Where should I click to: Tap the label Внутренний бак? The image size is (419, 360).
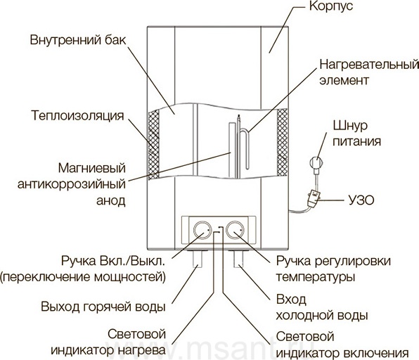pyautogui.click(x=78, y=40)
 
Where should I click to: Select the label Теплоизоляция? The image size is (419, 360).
pyautogui.click(x=78, y=116)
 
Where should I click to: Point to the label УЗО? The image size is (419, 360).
pyautogui.click(x=361, y=200)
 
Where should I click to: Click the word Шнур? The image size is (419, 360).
pyautogui.click(x=350, y=126)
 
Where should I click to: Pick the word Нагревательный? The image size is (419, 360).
pyautogui.click(x=369, y=65)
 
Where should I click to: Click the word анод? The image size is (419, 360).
pyautogui.click(x=110, y=200)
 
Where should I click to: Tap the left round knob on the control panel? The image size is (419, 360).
pyautogui.click(x=202, y=230)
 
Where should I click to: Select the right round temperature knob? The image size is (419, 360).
pyautogui.click(x=235, y=230)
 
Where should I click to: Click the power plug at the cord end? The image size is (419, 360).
pyautogui.click(x=317, y=163)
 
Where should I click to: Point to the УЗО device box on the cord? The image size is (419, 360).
pyautogui.click(x=313, y=198)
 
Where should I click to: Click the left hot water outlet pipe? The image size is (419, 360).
pyautogui.click(x=198, y=259)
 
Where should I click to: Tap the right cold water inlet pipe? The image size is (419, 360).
pyautogui.click(x=238, y=259)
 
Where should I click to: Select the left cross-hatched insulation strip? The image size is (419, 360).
pyautogui.click(x=154, y=144)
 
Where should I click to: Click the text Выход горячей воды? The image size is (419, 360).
pyautogui.click(x=103, y=307)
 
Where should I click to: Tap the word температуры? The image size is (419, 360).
pyautogui.click(x=316, y=277)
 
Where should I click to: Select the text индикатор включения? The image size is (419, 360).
pyautogui.click(x=342, y=353)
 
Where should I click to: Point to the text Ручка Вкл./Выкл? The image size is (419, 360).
pyautogui.click(x=113, y=261)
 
